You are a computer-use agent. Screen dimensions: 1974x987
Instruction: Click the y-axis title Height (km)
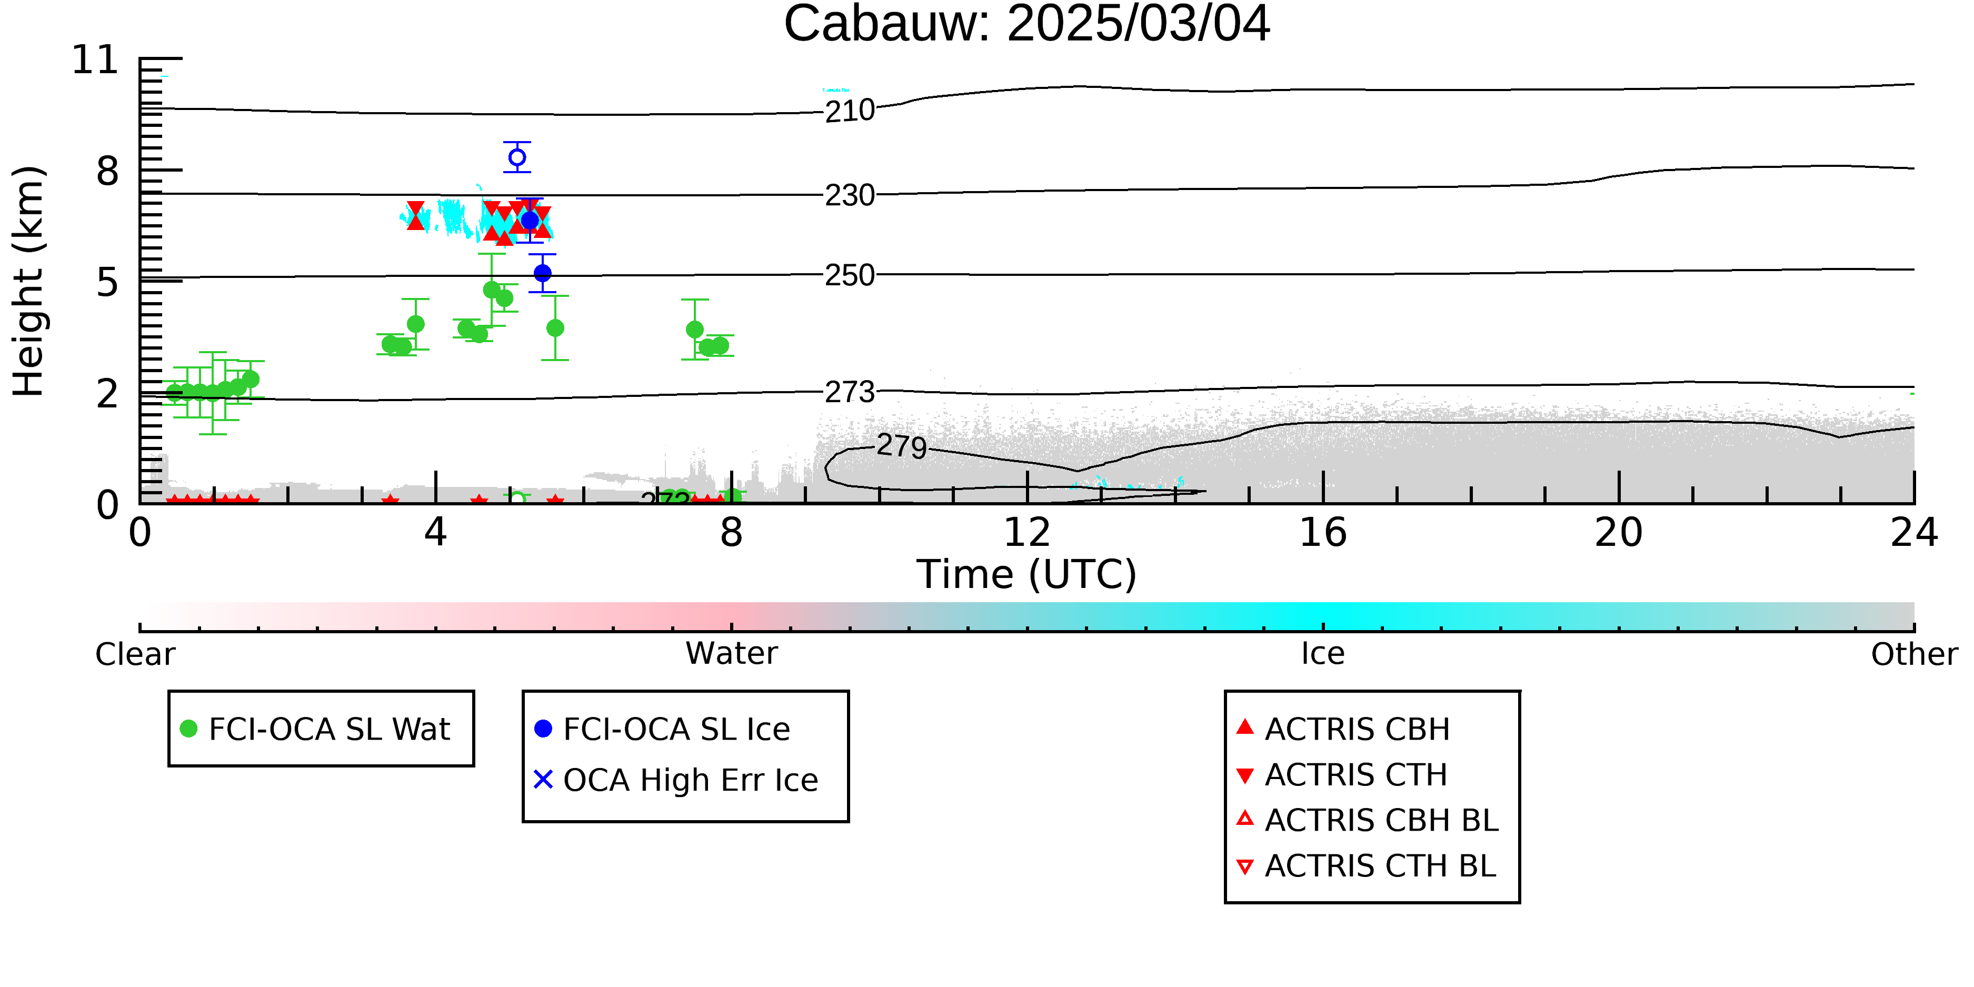(28, 281)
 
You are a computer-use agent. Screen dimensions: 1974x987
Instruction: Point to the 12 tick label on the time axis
(1027, 533)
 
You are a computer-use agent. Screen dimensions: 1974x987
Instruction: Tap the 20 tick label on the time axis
(1619, 533)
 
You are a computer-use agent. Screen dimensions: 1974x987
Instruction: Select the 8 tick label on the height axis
(107, 171)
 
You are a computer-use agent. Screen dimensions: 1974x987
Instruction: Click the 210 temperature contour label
(850, 111)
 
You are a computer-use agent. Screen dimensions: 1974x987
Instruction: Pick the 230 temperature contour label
(850, 195)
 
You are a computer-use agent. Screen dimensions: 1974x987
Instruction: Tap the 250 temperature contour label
(850, 275)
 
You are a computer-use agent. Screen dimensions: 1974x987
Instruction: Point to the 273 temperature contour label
(850, 392)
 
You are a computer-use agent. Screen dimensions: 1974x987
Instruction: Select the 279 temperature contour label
(902, 446)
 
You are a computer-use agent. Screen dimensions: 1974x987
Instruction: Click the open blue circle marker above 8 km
(517, 157)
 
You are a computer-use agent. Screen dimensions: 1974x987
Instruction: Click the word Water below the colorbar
(732, 654)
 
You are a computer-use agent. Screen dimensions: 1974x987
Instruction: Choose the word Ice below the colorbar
(1323, 654)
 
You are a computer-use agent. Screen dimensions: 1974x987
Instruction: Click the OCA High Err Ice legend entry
(676, 780)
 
